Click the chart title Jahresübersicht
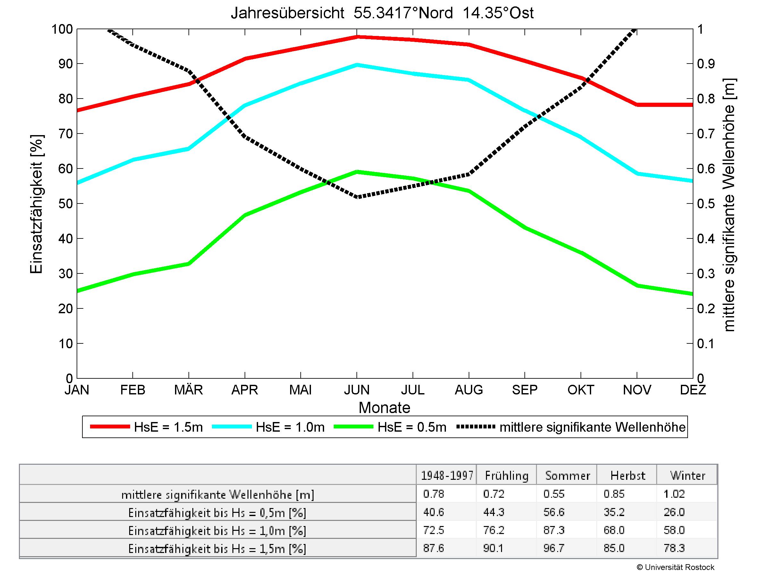[x=382, y=13]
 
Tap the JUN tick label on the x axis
[x=357, y=390]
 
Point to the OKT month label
[x=581, y=390]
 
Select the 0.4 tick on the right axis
[x=706, y=239]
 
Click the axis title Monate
[x=384, y=408]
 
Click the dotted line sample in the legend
[x=475, y=427]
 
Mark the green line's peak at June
[x=357, y=171]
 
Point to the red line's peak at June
[x=357, y=37]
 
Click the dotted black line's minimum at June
[x=357, y=197]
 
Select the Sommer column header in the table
[x=567, y=476]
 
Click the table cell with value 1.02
[x=674, y=494]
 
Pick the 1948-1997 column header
[x=447, y=476]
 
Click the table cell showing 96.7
[x=554, y=548]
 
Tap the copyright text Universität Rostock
[x=675, y=567]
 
